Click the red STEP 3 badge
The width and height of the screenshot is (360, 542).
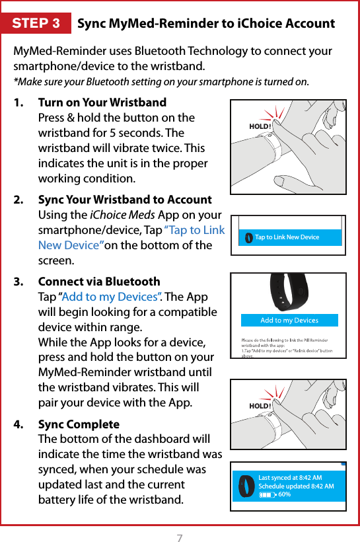coord(36,24)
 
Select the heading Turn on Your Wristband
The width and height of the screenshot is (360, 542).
coord(102,102)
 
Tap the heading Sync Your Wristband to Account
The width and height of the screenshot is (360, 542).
coord(125,200)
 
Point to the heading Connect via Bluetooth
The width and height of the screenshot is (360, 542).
coord(99,282)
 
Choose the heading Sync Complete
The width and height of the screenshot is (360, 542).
coord(79,424)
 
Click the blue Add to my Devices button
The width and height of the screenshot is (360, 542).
coord(289,321)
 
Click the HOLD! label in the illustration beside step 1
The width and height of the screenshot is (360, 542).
coord(260,126)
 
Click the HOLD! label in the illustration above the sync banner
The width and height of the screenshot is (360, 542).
coord(260,405)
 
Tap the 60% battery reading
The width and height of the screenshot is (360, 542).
coord(285,494)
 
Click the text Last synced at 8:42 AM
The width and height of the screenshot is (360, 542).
coord(290,477)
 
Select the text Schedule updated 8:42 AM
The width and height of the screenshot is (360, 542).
coord(296,486)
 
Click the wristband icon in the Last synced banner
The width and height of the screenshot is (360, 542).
coord(246,486)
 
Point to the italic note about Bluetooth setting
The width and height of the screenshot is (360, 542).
coord(161,82)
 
